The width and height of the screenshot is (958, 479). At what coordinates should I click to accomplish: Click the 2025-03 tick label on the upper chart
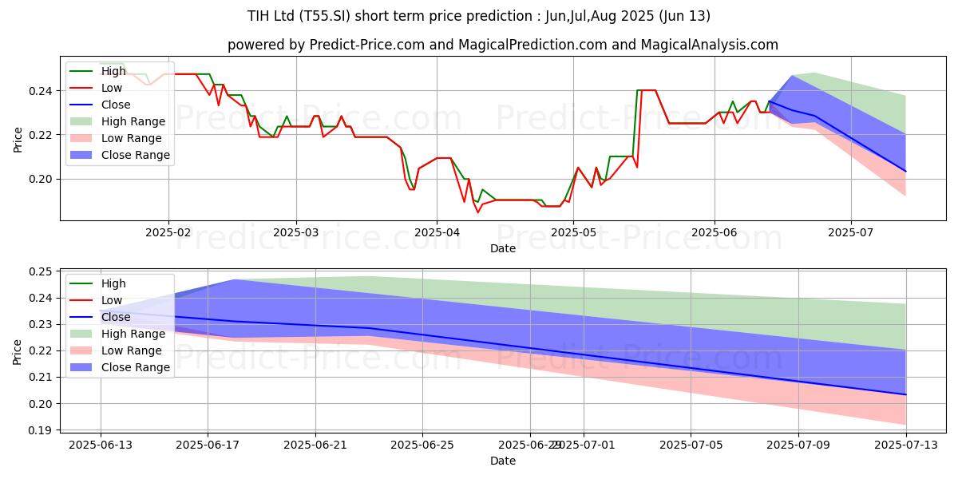tap(296, 233)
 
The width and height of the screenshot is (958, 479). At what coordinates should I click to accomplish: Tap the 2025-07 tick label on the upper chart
tap(851, 233)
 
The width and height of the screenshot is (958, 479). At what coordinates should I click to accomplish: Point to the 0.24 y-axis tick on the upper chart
tap(41, 91)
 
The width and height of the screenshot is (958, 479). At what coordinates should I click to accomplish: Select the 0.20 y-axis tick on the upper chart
tap(41, 179)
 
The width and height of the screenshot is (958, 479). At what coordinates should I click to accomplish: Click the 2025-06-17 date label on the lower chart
tap(208, 445)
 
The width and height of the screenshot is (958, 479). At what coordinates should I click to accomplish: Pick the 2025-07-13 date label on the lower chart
tap(905, 445)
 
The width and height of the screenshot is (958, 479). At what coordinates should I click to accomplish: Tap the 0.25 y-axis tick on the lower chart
tap(41, 271)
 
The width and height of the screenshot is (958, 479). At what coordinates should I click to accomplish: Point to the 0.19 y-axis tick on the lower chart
tap(41, 430)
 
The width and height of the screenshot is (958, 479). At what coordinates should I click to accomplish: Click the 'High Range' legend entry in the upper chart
tap(133, 121)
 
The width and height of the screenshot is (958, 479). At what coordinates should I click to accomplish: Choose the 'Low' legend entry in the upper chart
tap(112, 88)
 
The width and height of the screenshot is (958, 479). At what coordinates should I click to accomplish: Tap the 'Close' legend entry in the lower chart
tap(116, 317)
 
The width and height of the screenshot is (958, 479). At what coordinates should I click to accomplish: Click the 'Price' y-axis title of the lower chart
tap(18, 351)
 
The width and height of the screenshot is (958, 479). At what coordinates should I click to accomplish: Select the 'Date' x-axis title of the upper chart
tap(503, 248)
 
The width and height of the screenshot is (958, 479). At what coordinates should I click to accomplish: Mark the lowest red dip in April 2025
tap(478, 212)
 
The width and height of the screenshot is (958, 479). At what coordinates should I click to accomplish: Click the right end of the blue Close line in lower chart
tap(905, 394)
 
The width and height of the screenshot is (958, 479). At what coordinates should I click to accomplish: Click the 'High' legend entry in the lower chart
tap(113, 283)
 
